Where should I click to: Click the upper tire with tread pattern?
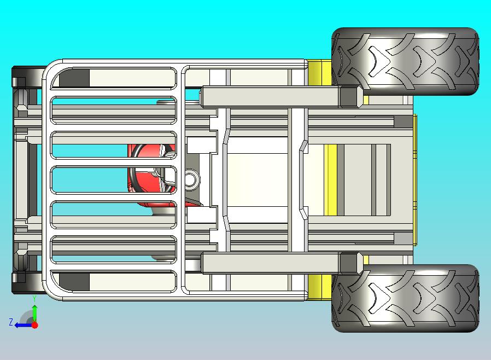(x=405, y=61)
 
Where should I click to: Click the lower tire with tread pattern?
(x=405, y=298)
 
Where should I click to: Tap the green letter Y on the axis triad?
(x=34, y=299)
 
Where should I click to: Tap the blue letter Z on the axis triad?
(x=11, y=323)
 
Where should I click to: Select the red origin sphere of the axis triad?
(x=34, y=325)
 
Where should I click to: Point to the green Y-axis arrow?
(x=34, y=312)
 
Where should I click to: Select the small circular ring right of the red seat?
(x=191, y=178)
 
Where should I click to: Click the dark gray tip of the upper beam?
(x=350, y=97)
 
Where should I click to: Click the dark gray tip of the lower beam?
(x=350, y=263)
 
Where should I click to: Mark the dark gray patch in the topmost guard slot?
(x=74, y=78)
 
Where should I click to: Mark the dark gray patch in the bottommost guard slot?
(x=74, y=282)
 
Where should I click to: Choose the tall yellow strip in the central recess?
(x=330, y=180)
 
